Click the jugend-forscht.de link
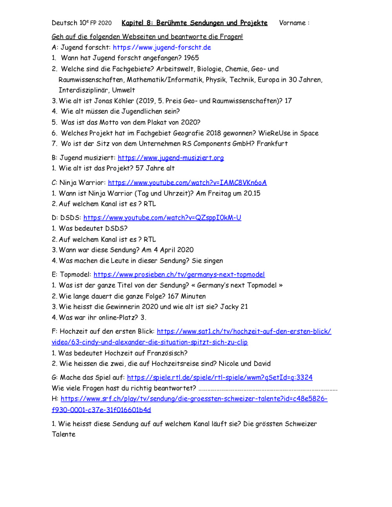[x=162, y=47]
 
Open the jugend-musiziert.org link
[x=171, y=158]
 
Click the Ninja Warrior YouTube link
[x=187, y=183]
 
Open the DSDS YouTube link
[x=162, y=218]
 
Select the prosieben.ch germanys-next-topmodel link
[x=179, y=275]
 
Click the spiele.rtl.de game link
[x=220, y=378]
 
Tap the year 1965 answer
[x=191, y=58]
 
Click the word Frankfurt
[x=272, y=144]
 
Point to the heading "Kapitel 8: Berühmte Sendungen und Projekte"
[x=194, y=23]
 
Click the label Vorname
[x=292, y=23]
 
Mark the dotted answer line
[x=268, y=389]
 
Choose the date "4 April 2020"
[x=174, y=250]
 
